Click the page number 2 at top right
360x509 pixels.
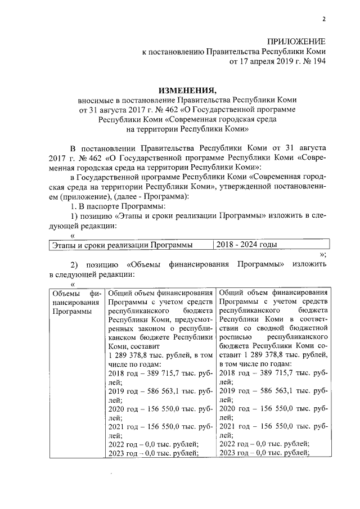click(324, 20)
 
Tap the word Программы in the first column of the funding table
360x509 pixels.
click(70, 311)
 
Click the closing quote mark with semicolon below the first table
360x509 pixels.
click(323, 255)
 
